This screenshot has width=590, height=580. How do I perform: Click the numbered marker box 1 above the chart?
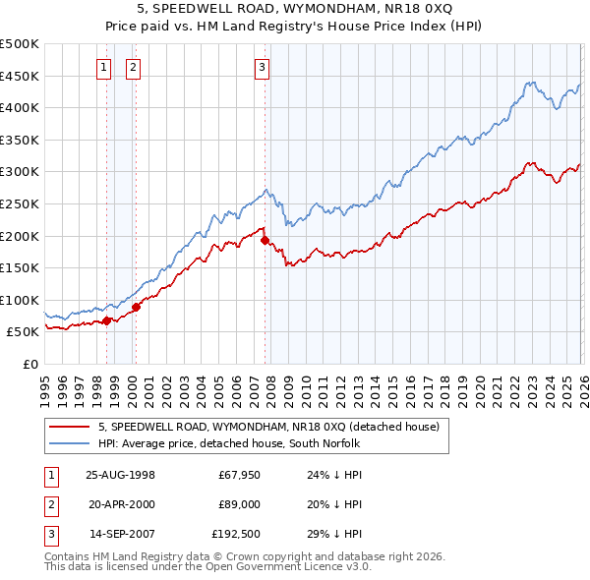(104, 68)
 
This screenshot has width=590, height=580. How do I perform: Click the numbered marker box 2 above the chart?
(133, 68)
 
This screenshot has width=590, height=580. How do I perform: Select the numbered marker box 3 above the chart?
(263, 68)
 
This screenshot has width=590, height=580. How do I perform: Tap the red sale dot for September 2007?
(265, 240)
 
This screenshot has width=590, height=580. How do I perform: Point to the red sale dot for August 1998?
(106, 319)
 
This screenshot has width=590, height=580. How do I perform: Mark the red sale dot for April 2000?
(136, 307)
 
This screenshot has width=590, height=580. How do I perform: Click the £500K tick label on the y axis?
(20, 44)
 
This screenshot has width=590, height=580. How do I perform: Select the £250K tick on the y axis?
(20, 203)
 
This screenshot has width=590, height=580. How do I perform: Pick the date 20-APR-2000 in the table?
(121, 504)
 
